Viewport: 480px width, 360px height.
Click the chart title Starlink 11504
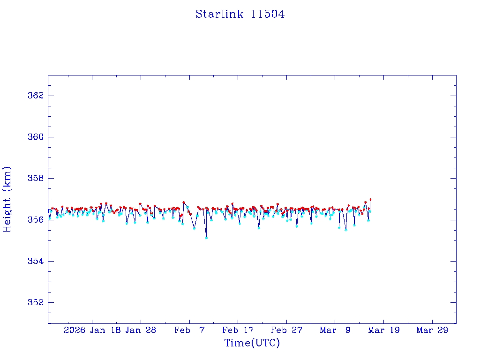click(240, 14)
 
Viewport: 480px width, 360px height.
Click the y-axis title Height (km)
click(7, 199)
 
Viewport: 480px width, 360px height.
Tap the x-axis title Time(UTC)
click(252, 343)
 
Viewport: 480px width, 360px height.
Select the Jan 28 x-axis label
click(141, 330)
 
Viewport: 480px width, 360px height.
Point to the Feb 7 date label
click(189, 330)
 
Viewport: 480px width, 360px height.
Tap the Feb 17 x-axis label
click(238, 330)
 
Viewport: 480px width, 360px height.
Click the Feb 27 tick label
click(286, 330)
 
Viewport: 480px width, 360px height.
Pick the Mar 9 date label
click(335, 330)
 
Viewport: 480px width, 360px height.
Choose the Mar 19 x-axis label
click(383, 330)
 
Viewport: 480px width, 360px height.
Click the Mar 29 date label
click(432, 330)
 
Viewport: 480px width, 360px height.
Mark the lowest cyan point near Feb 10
click(206, 238)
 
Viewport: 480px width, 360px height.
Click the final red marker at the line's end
click(370, 200)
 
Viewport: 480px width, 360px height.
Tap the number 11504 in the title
click(268, 14)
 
